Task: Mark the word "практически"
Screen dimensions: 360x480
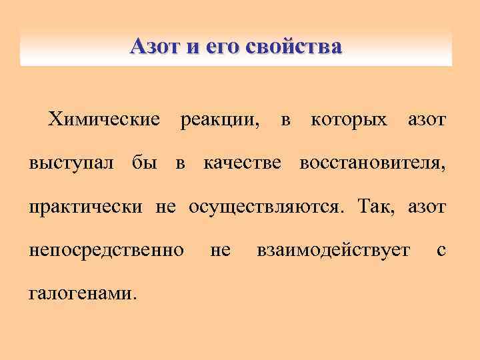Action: coord(85,207)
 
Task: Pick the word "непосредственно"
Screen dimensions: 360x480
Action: coord(107,250)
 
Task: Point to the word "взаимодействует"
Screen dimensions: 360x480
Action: coord(333,251)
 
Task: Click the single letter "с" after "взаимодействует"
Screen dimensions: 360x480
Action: coord(440,251)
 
